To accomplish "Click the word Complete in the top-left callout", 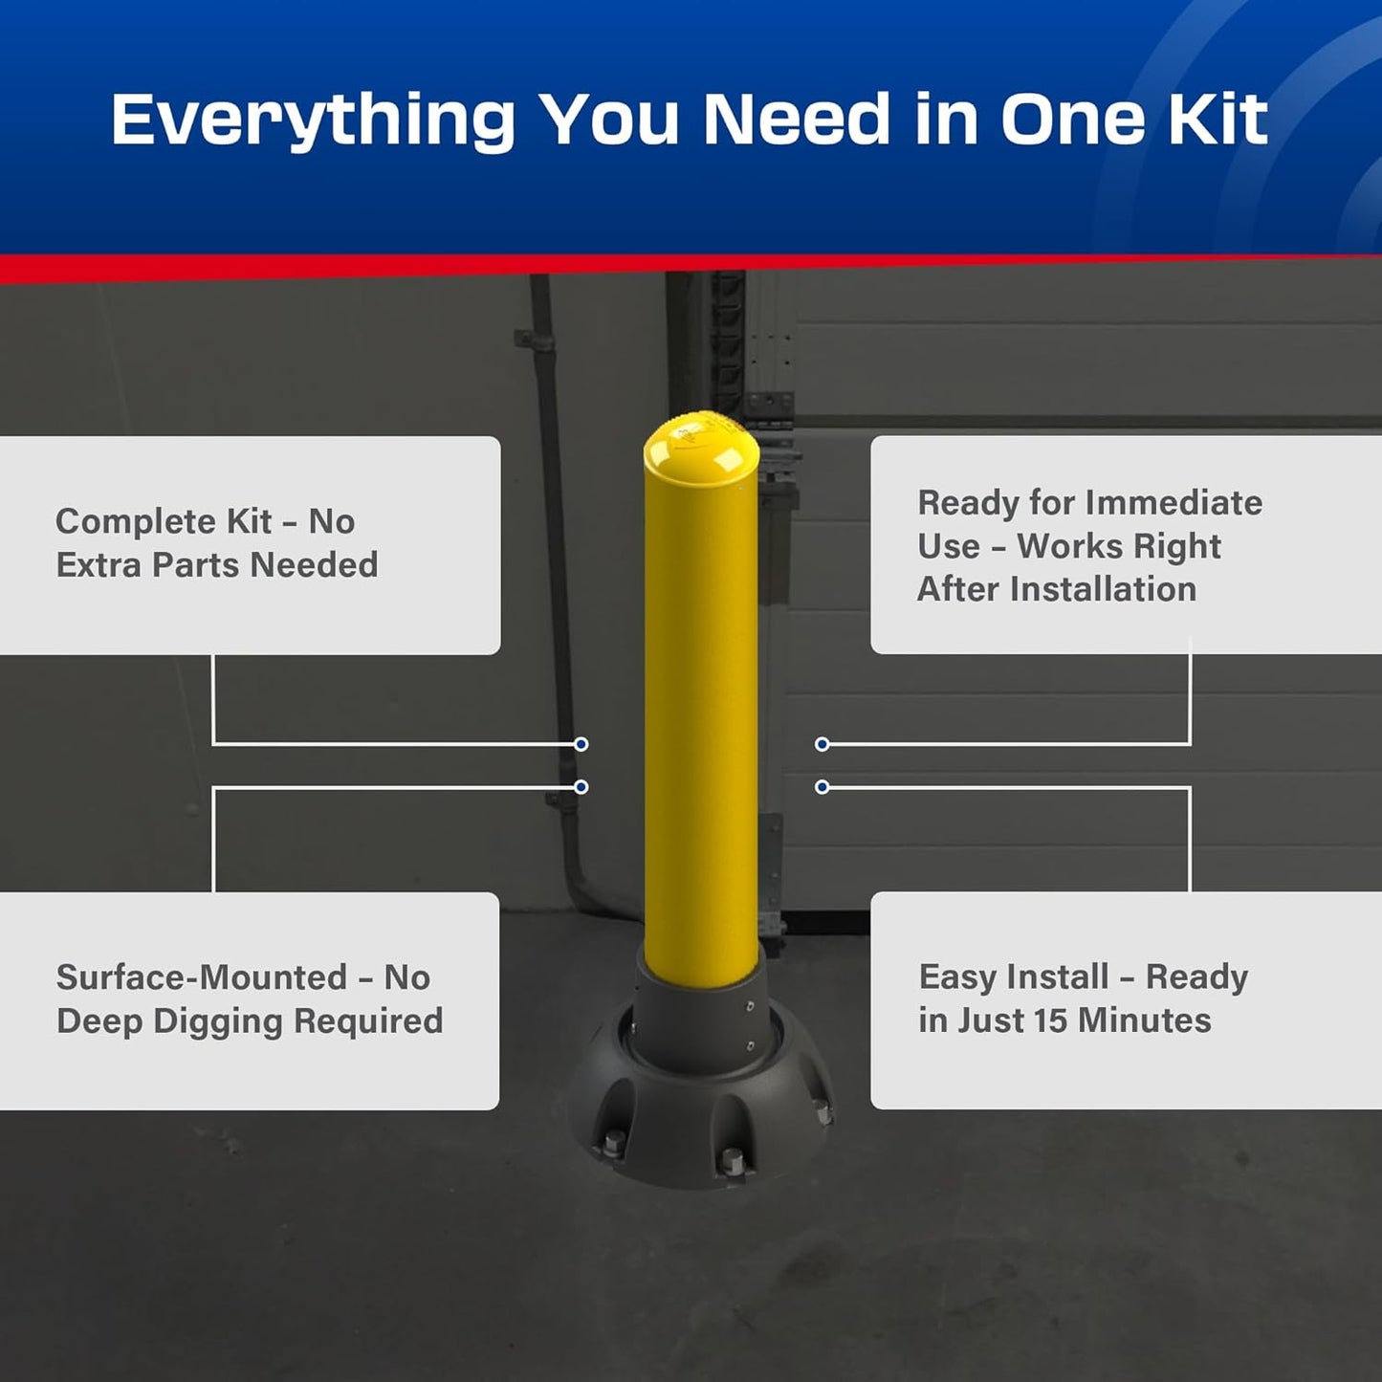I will pos(136,522).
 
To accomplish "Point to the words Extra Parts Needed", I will pos(217,565).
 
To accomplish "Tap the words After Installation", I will pos(1056,589).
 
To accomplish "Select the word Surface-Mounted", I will pos(201,977).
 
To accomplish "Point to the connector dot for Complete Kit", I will pos(581,744).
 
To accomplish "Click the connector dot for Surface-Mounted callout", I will pos(581,787).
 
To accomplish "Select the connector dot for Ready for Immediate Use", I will pos(822,744).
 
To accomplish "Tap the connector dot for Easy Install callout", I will pos(822,787).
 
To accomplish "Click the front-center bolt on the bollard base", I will pos(732,1160).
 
